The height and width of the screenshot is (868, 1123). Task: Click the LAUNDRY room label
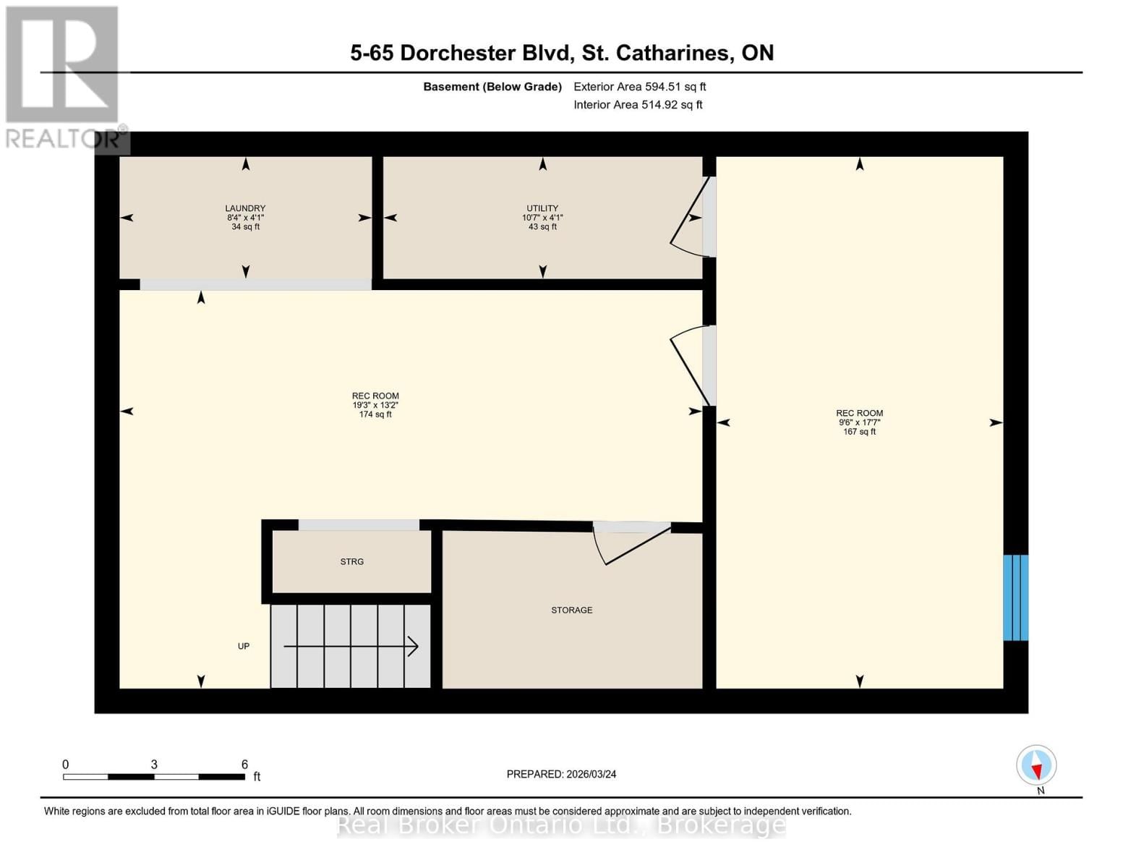tap(245, 208)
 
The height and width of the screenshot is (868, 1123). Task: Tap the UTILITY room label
tap(542, 208)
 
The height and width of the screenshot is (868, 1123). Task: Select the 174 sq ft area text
tap(375, 414)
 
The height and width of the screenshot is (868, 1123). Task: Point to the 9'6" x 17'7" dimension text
tap(859, 422)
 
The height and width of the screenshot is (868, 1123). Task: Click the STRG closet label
tap(352, 562)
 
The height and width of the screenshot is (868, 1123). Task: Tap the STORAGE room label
tap(571, 610)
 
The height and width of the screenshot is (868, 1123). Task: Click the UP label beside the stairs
tap(244, 646)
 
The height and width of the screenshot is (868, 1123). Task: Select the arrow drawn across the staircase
tap(351, 646)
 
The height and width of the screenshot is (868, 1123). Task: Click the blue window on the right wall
tap(1015, 597)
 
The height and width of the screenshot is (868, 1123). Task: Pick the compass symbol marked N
tap(1036, 765)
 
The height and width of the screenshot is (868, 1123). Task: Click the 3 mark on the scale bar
tap(154, 765)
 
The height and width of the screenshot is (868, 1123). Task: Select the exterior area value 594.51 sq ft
tap(675, 87)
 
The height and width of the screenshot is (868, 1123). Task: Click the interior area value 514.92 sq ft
tap(672, 105)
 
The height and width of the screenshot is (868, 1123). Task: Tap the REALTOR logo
tap(64, 76)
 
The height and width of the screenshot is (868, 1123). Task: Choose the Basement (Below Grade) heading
tap(492, 87)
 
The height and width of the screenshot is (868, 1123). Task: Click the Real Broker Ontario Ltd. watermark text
tap(561, 825)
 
